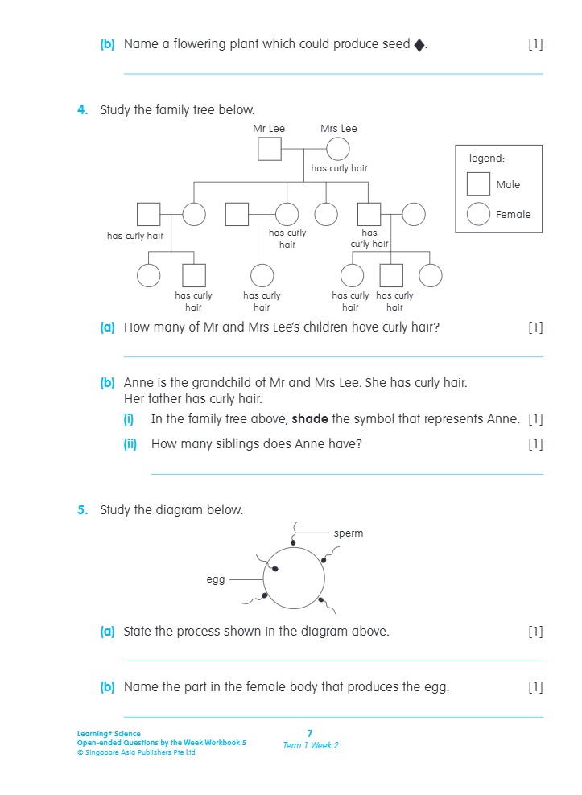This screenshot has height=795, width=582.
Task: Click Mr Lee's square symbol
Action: click(x=269, y=150)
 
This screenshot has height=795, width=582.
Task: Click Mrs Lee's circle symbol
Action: click(x=337, y=150)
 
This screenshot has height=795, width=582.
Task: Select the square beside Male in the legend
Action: click(x=478, y=184)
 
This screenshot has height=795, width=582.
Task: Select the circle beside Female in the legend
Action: click(x=478, y=214)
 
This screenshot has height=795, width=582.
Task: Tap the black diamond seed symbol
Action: click(x=419, y=45)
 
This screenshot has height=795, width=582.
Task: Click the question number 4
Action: click(x=82, y=110)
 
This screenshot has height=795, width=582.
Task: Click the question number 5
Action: click(x=82, y=510)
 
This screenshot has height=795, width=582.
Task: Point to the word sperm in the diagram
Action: click(x=349, y=533)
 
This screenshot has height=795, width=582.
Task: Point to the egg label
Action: click(x=216, y=579)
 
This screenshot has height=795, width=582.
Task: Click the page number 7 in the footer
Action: click(x=310, y=733)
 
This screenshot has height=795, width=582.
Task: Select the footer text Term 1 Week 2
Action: click(x=310, y=745)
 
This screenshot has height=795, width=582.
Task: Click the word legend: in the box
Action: click(x=487, y=159)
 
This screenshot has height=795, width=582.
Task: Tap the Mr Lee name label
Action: click(x=269, y=129)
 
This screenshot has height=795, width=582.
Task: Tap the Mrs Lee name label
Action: click(x=338, y=129)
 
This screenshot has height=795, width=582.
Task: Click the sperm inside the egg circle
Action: click(x=275, y=569)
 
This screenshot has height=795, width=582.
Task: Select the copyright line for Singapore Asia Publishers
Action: click(x=136, y=752)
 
